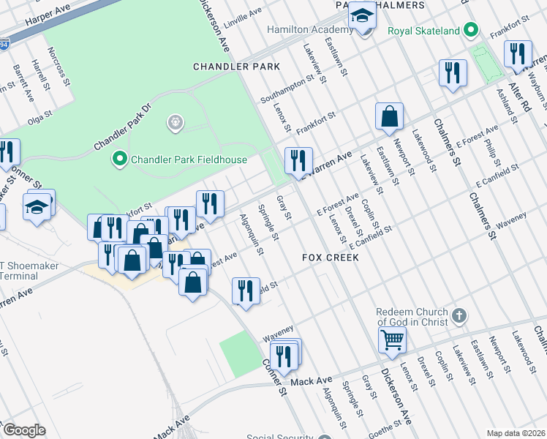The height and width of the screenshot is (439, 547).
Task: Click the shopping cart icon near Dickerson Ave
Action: point(393,339)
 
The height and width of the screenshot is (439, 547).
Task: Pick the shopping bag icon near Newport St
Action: point(390,116)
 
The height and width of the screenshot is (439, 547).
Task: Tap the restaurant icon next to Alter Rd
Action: point(517,53)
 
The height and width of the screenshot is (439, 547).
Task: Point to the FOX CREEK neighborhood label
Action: point(331,258)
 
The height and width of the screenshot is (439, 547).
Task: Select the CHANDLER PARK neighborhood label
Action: point(236,67)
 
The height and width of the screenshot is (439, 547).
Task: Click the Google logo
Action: point(23,430)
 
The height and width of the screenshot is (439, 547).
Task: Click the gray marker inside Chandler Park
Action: point(175,124)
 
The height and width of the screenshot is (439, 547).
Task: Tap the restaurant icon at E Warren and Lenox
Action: point(298,160)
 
